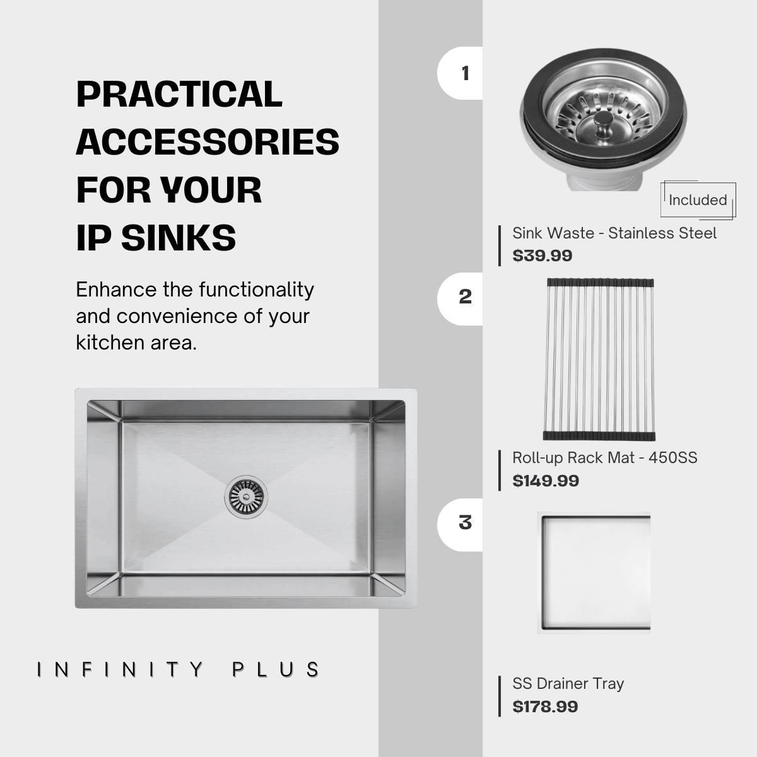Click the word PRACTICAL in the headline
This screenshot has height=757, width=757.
point(179,94)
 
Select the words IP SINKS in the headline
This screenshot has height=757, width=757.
point(156,238)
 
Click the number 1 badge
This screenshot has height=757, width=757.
point(460,73)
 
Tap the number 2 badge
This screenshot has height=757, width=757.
point(460,298)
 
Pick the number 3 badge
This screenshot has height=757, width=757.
point(460,525)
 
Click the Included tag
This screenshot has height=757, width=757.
point(698,200)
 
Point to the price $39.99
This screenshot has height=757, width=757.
point(542,255)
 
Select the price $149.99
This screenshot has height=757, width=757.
point(546,481)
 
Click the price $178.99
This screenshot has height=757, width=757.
point(545,707)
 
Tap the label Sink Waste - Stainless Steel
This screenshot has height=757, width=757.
point(614,233)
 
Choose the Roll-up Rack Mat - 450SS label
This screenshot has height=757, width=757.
point(605,458)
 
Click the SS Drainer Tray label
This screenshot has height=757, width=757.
point(568,684)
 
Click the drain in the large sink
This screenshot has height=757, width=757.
point(246,497)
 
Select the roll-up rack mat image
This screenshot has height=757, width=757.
point(599,360)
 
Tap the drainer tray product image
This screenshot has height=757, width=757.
point(594,573)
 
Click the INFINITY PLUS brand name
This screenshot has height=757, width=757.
point(178,670)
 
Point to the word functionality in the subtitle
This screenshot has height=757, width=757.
point(257,290)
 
